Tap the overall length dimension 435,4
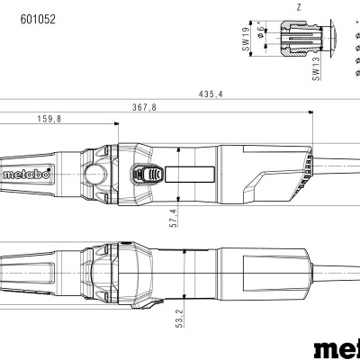tap(216, 95)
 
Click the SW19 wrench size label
tap(245, 41)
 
